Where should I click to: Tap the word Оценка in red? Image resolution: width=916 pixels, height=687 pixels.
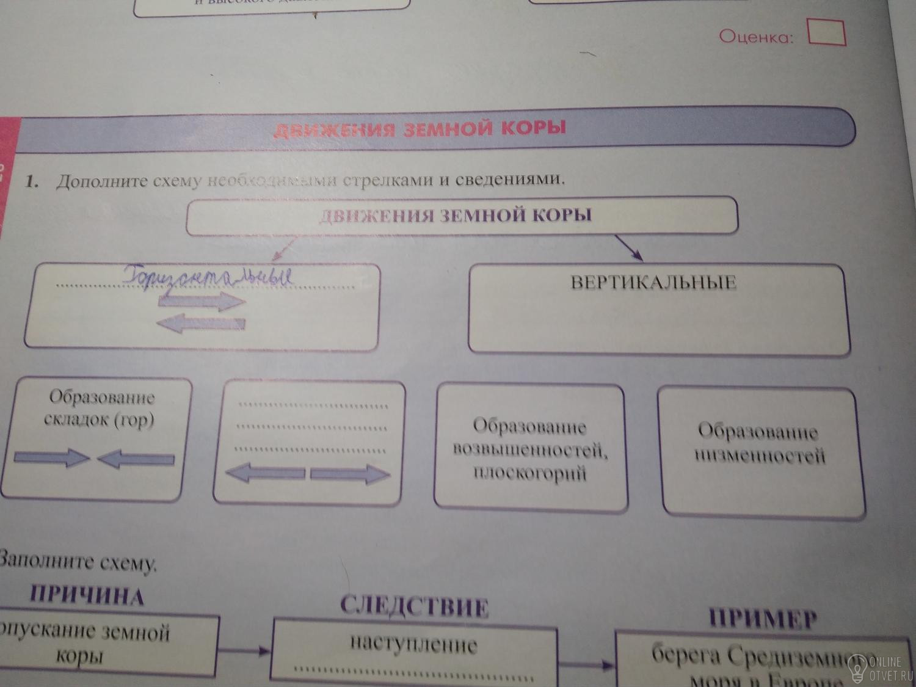(756, 37)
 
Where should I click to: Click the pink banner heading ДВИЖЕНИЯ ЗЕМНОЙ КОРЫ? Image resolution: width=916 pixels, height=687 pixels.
(420, 129)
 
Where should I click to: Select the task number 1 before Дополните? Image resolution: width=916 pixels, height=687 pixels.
(32, 181)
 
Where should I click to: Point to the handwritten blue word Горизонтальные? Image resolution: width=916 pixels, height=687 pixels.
(208, 278)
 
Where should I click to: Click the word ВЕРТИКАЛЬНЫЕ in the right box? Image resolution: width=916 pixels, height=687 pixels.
(653, 283)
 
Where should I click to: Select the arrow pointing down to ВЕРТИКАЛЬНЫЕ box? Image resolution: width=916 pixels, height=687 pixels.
(628, 247)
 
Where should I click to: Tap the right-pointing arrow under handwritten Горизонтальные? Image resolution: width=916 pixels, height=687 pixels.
(202, 301)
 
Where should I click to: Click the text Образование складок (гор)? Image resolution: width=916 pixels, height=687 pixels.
(101, 409)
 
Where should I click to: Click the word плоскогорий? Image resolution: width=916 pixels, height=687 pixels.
(529, 473)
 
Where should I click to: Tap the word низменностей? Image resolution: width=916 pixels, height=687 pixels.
(760, 456)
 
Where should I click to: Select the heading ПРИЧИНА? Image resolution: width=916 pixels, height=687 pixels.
(87, 595)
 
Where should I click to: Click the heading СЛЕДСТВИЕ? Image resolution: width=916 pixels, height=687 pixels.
(414, 606)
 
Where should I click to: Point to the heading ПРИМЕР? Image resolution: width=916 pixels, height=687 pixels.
(762, 619)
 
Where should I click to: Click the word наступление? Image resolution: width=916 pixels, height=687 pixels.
(413, 644)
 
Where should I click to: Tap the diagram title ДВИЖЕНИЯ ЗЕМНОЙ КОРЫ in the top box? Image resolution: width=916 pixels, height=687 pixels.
(456, 215)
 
